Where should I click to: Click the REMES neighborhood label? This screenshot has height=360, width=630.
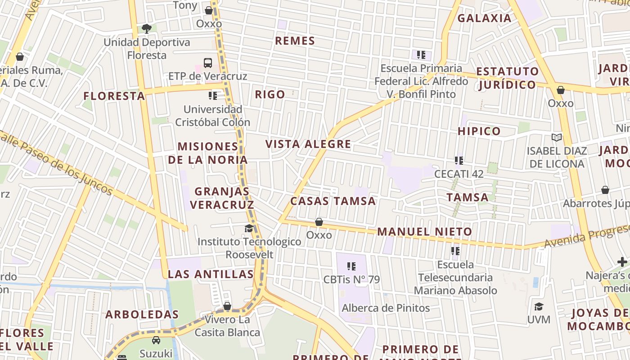point(295,41)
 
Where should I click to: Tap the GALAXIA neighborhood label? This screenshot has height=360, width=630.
point(485,18)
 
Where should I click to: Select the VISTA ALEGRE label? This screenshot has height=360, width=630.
point(308,144)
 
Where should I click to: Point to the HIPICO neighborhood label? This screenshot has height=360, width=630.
point(479,131)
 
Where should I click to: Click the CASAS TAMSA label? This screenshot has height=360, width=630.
point(333,201)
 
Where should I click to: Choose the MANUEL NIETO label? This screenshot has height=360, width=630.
point(425,232)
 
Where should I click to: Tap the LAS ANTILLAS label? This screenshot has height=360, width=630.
point(211,274)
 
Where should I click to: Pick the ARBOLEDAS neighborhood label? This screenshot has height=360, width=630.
point(142,315)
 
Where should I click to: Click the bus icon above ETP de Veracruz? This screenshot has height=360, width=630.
point(208,63)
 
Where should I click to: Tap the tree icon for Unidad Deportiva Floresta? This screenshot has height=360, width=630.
point(146,29)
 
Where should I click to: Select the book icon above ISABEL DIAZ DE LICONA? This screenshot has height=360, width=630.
point(557,137)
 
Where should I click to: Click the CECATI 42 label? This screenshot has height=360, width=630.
point(459,174)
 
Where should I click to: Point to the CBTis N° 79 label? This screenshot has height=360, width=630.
point(352,279)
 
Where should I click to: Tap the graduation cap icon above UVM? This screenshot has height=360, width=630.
point(539,307)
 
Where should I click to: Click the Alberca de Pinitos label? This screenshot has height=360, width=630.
point(386,308)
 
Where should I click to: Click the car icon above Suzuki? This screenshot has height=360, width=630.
point(156,340)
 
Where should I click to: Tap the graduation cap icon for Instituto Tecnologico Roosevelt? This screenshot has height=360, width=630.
point(249,229)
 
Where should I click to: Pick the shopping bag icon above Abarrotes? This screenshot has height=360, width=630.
point(605,190)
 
